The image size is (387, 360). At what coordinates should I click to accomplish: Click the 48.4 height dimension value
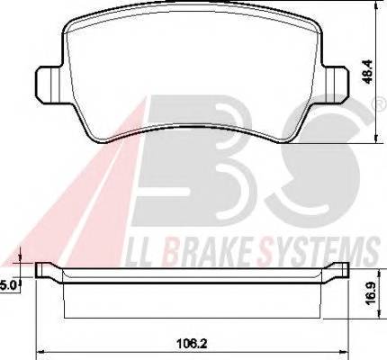(368, 72)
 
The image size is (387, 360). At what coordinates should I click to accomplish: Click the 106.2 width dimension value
(193, 343)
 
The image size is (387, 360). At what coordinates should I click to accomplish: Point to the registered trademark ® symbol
(380, 104)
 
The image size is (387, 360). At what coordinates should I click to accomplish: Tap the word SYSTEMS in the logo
(319, 251)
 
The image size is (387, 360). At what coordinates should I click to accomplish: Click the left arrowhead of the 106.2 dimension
(39, 352)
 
